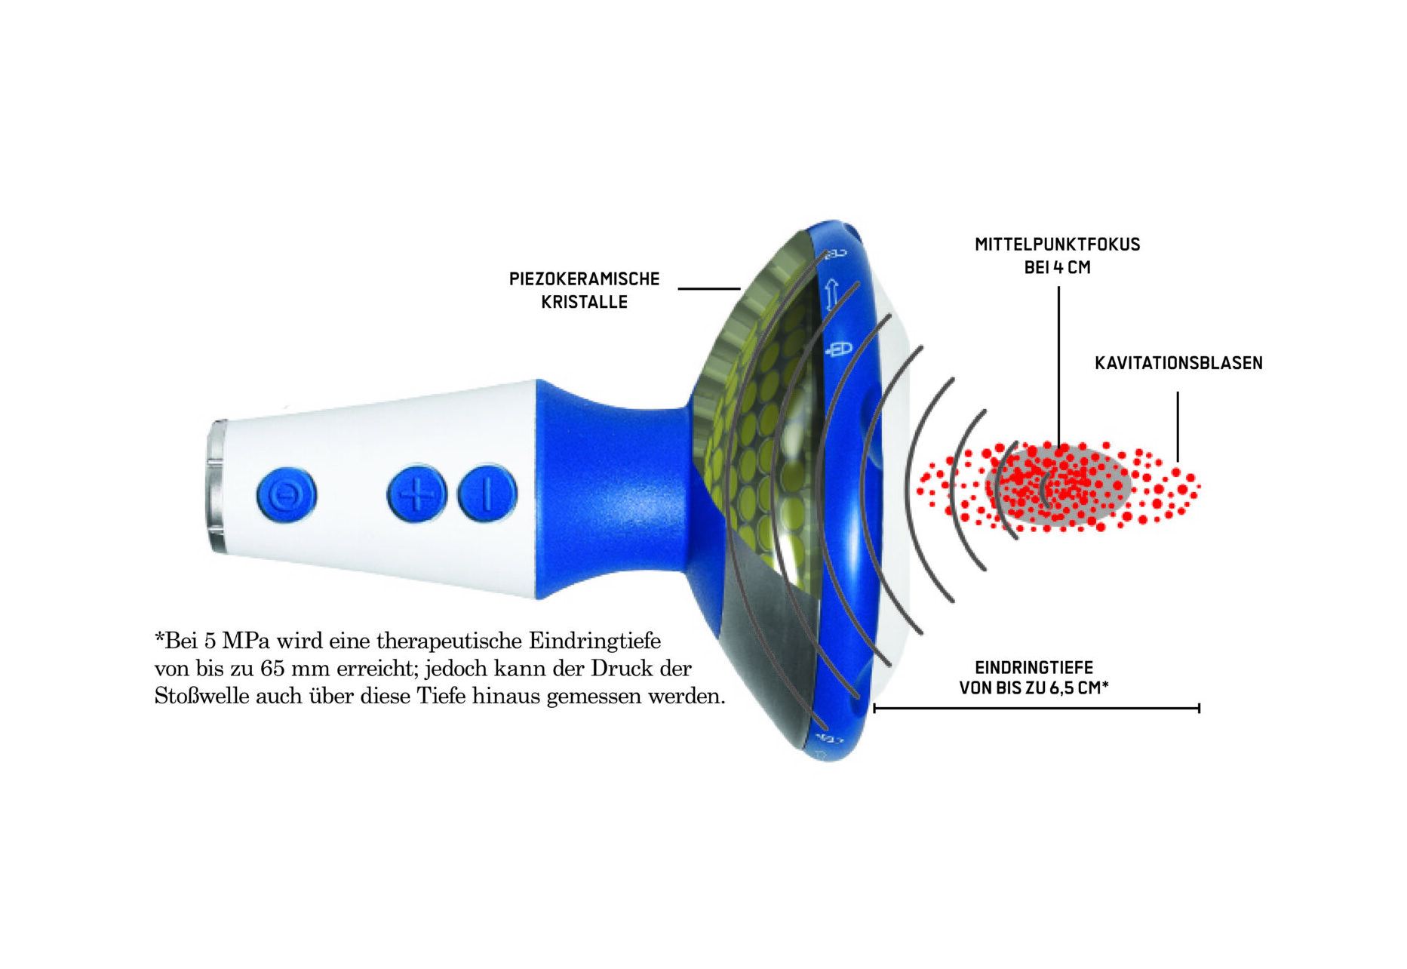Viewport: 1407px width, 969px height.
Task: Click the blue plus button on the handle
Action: [416, 494]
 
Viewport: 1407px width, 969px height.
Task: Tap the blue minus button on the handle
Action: [487, 494]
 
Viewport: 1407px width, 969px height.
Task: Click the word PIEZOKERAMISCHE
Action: [585, 279]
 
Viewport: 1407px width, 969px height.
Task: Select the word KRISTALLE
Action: [585, 302]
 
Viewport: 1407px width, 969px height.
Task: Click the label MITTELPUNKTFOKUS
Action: [1058, 245]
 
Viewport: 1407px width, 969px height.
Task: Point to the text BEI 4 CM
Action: [1058, 267]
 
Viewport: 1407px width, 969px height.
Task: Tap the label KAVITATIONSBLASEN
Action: [1178, 363]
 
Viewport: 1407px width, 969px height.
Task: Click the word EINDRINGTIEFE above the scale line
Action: [1034, 668]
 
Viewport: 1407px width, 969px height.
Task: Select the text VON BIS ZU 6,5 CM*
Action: [1034, 688]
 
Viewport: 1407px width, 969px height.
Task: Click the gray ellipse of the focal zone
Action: [1058, 486]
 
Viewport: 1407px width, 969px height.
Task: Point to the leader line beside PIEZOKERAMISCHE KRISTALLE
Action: [709, 288]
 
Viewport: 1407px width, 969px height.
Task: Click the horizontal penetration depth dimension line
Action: [1037, 708]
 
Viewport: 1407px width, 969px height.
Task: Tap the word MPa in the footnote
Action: [245, 641]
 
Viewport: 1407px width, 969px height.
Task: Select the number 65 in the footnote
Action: [272, 669]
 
